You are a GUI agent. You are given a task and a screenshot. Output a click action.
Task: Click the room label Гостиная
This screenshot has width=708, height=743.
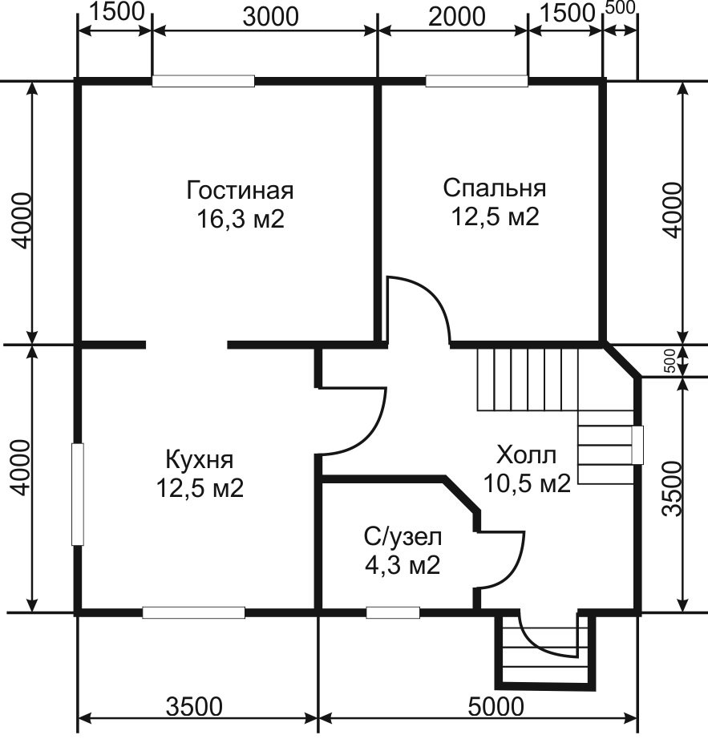pyautogui.click(x=241, y=191)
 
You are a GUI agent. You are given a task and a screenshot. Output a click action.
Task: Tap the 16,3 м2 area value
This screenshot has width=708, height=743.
pyautogui.click(x=241, y=220)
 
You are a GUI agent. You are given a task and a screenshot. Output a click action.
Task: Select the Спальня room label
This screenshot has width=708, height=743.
pyautogui.click(x=494, y=188)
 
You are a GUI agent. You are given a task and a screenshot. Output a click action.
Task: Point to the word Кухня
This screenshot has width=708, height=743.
pyautogui.click(x=200, y=459)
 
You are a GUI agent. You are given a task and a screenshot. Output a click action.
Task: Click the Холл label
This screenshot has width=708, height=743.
pyautogui.click(x=527, y=455)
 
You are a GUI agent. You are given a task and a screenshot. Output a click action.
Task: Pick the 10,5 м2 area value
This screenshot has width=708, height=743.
pyautogui.click(x=527, y=484)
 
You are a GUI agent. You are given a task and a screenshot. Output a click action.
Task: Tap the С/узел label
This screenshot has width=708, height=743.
pyautogui.click(x=403, y=537)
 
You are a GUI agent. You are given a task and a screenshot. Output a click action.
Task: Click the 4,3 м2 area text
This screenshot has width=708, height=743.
pyautogui.click(x=403, y=565)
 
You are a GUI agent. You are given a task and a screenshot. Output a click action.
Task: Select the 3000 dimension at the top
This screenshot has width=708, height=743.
pyautogui.click(x=270, y=17)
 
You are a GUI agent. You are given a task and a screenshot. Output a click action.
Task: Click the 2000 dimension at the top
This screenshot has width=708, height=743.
pyautogui.click(x=457, y=17)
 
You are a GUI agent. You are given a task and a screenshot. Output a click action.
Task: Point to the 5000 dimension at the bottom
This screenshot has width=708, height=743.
pyautogui.click(x=496, y=708)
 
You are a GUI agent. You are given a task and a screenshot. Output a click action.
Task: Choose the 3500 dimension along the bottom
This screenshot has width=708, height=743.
pyautogui.click(x=194, y=708)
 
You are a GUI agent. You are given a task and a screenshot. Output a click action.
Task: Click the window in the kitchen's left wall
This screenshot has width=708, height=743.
pyautogui.click(x=78, y=495)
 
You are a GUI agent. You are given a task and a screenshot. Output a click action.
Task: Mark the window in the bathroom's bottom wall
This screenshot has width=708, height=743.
pyautogui.click(x=393, y=612)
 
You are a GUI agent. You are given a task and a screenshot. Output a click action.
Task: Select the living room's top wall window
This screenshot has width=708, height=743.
pyautogui.click(x=204, y=81)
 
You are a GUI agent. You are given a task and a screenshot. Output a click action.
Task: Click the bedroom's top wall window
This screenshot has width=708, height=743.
pyautogui.click(x=477, y=81)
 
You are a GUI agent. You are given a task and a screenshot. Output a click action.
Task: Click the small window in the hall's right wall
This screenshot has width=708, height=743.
pyautogui.click(x=638, y=445)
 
